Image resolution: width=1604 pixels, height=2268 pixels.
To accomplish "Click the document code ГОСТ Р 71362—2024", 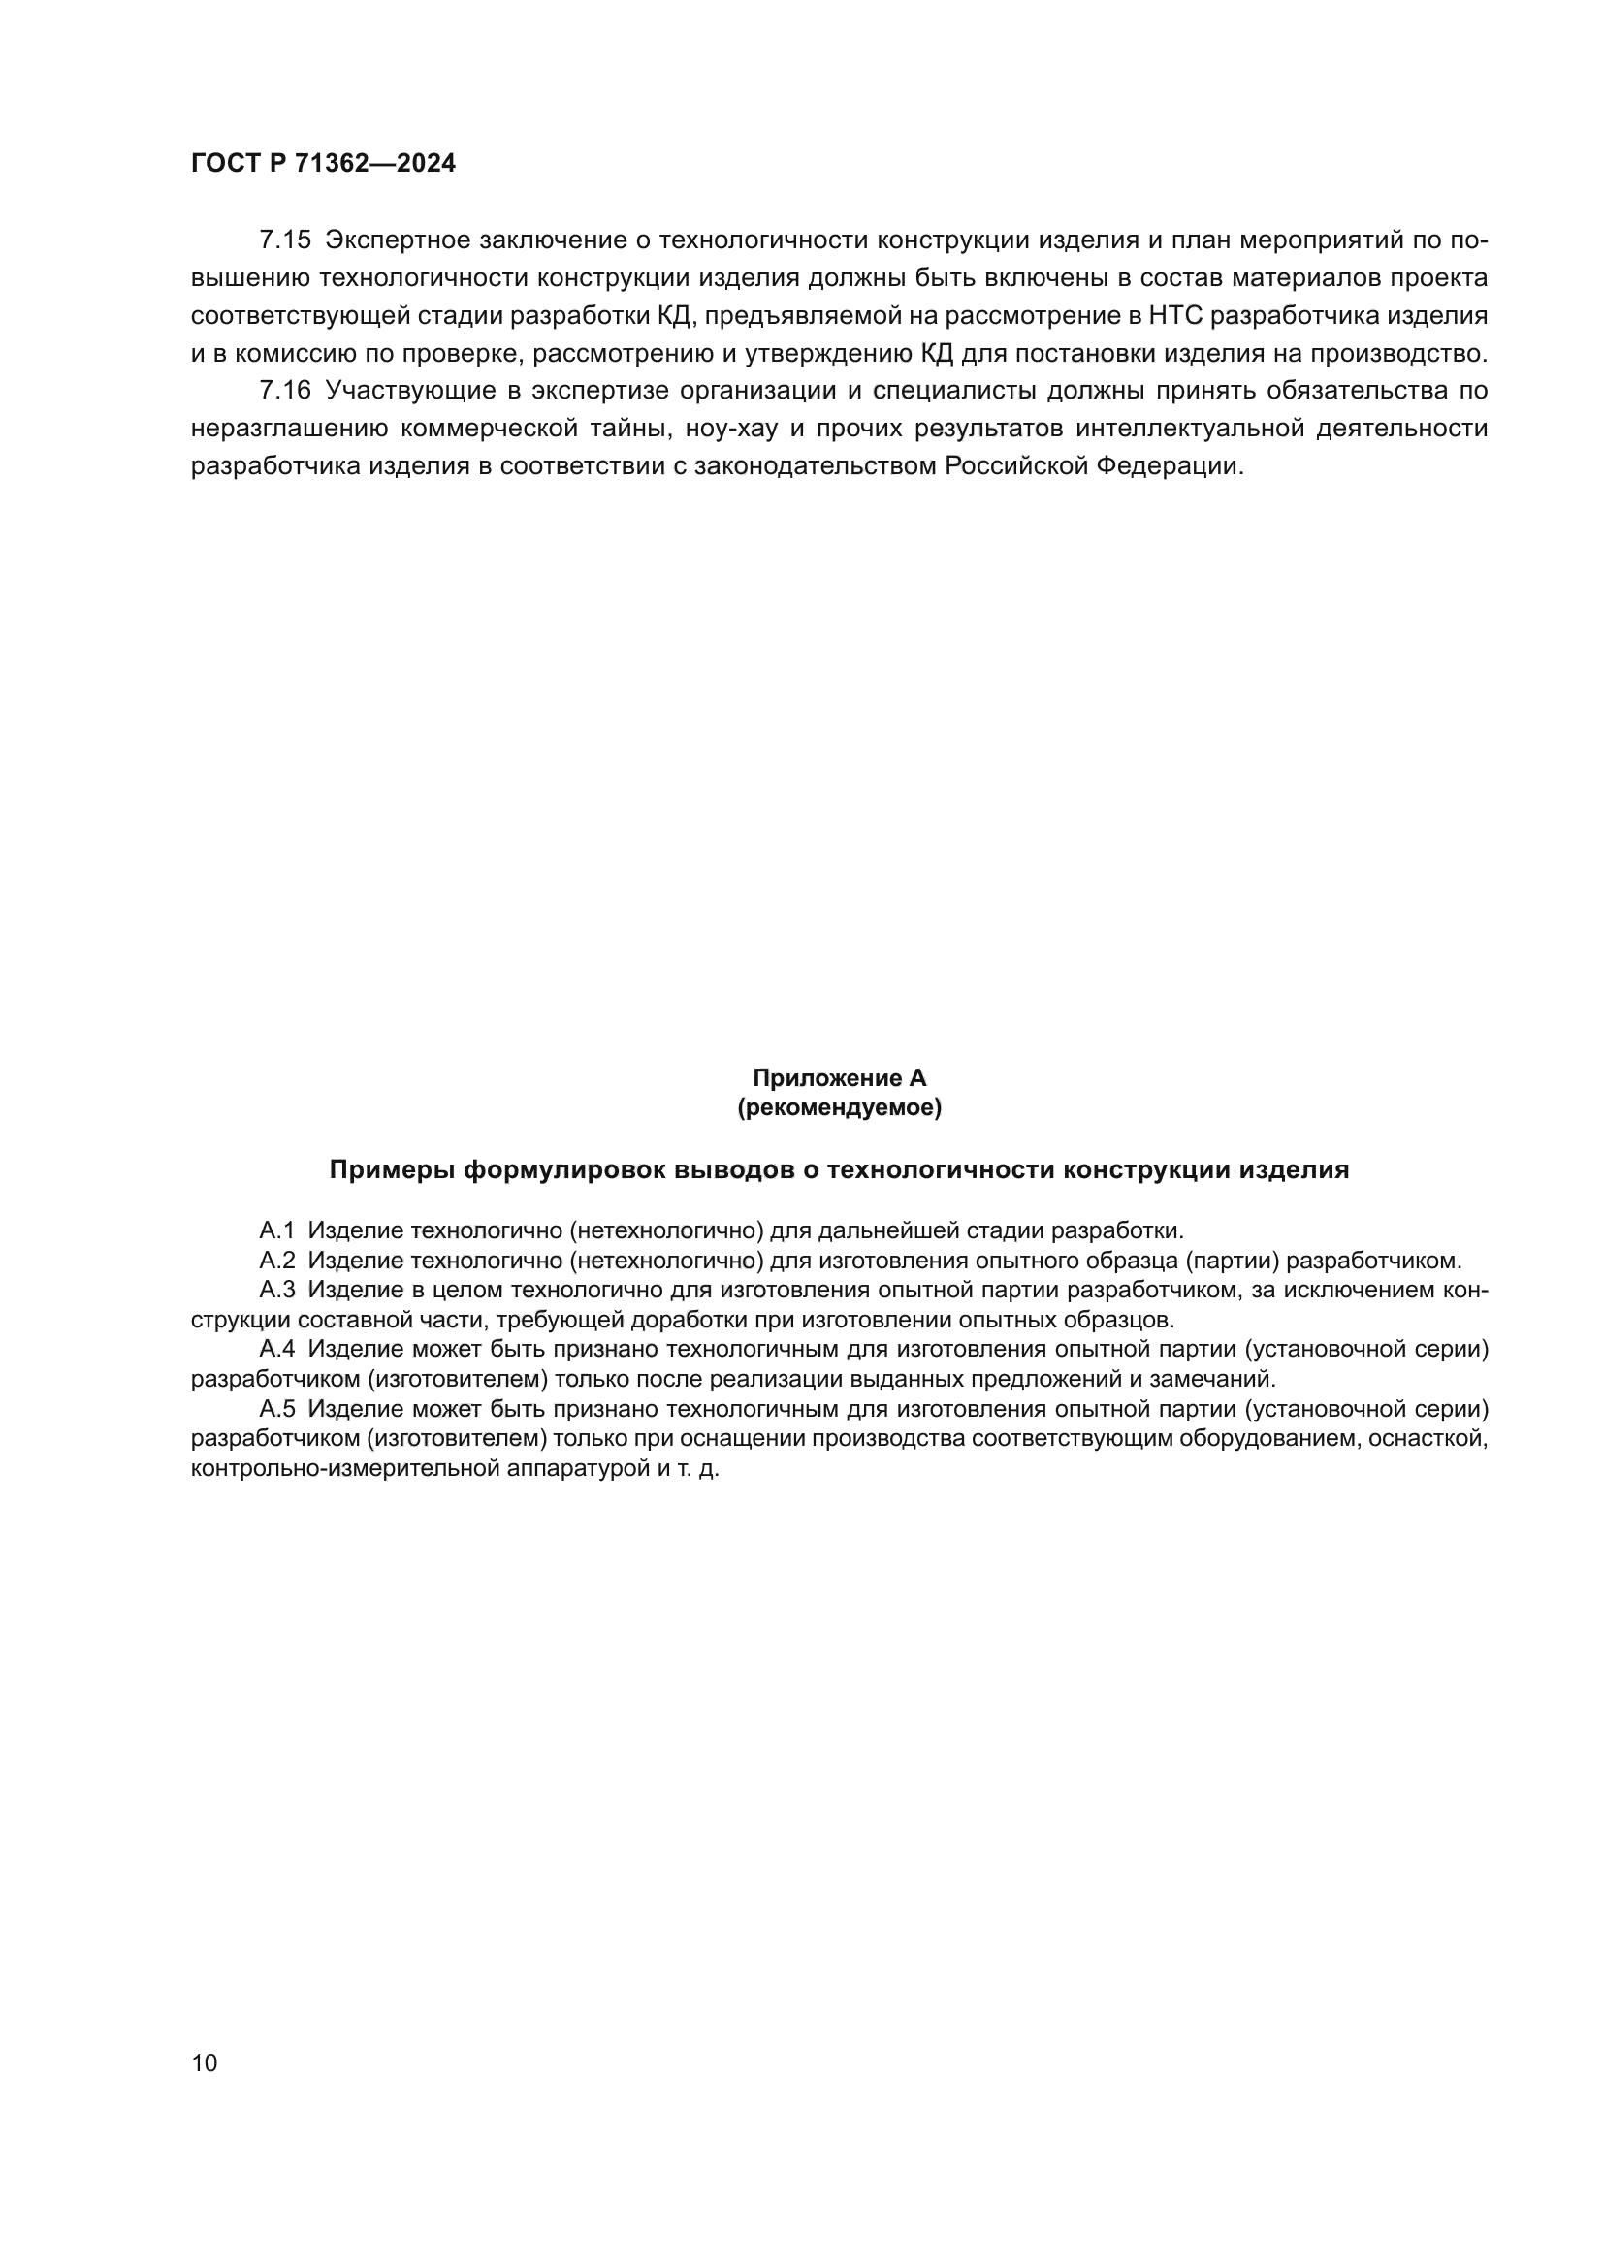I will point(323,164).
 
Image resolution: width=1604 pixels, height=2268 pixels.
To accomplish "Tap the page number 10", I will point(205,2062).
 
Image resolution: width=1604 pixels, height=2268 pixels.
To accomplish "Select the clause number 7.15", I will point(284,240).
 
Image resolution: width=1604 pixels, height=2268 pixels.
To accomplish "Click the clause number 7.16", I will point(284,390).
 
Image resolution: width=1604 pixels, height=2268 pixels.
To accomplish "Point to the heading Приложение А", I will point(839,1078).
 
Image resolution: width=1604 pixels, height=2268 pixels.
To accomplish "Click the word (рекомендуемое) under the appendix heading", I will point(839,1108).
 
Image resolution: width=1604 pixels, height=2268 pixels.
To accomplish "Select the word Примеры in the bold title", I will point(391,1170).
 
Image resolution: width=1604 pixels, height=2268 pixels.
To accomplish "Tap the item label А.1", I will point(276,1230).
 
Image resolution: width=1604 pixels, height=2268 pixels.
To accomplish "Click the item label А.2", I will point(276,1261).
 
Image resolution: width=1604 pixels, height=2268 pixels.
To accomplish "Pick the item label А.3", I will point(276,1290).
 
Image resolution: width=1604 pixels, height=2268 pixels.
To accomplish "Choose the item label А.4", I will point(276,1350).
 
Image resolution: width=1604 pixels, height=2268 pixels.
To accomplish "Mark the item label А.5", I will point(276,1409).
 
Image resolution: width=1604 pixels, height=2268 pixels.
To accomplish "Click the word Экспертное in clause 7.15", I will point(396,240).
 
